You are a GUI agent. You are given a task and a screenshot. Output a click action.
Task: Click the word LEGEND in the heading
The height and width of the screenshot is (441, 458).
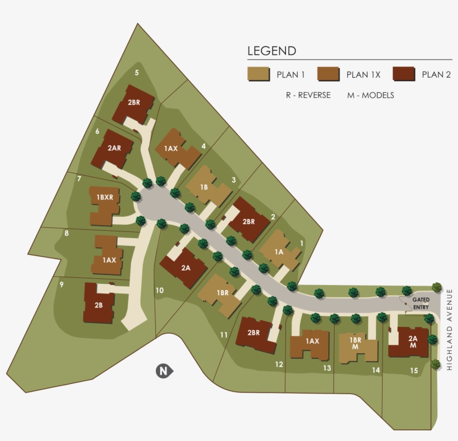pos(271,51)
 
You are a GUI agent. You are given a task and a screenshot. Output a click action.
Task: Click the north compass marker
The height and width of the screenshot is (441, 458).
pos(163,371)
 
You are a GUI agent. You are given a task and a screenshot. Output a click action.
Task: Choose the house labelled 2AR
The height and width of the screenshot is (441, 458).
pos(113,149)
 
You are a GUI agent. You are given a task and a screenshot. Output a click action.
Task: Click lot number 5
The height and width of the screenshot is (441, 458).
pos(137,73)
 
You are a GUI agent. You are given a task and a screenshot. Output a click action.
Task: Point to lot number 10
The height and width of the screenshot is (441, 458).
pos(159,290)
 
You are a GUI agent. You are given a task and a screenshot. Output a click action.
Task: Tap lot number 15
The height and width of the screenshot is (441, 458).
pos(413,370)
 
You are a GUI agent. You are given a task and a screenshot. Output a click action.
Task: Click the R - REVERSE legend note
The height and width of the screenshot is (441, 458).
pos(308,96)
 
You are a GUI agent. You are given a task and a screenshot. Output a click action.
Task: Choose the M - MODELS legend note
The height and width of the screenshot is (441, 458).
pos(370,96)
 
